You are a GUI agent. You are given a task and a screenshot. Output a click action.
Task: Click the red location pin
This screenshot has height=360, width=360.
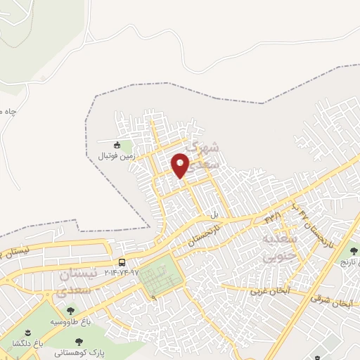click(181, 165)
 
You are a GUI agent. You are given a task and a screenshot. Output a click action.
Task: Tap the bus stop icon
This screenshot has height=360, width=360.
click(123, 262)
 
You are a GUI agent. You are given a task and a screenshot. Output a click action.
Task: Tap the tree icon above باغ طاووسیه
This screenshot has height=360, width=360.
click(70, 310)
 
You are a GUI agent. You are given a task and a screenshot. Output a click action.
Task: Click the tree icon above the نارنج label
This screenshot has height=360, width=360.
click(353, 251)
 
